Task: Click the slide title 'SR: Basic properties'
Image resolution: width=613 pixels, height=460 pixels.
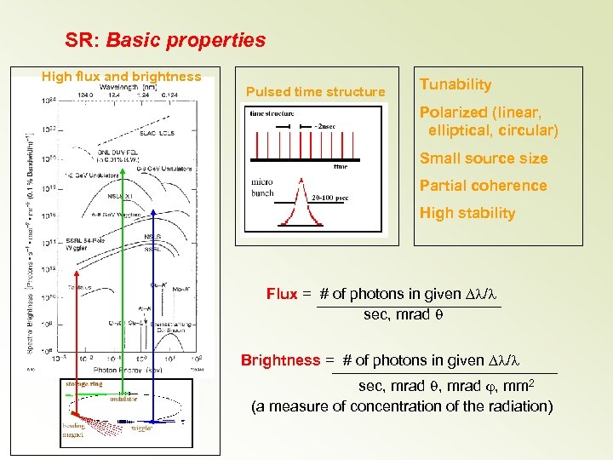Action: [165, 40]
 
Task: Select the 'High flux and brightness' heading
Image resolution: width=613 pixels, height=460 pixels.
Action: [122, 77]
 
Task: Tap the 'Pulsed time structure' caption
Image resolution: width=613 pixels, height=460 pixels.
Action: [315, 92]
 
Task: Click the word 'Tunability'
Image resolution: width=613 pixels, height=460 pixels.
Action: [455, 84]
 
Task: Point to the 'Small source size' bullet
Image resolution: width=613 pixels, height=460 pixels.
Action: [484, 158]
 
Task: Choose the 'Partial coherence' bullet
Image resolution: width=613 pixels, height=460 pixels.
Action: [483, 186]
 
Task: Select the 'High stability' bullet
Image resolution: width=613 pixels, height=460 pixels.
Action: [467, 213]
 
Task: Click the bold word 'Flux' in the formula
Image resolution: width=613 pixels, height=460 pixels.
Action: [282, 294]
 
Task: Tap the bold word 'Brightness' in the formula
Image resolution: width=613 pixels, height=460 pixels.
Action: [280, 360]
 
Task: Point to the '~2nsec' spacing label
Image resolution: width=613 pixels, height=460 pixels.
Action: [325, 127]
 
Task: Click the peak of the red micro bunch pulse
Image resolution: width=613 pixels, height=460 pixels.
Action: [298, 180]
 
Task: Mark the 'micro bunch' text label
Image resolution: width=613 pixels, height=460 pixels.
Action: [262, 187]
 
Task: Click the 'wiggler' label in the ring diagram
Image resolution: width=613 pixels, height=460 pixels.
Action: [142, 428]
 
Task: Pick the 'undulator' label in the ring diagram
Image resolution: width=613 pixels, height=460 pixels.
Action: [123, 399]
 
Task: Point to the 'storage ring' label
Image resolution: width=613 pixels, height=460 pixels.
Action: [83, 384]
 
